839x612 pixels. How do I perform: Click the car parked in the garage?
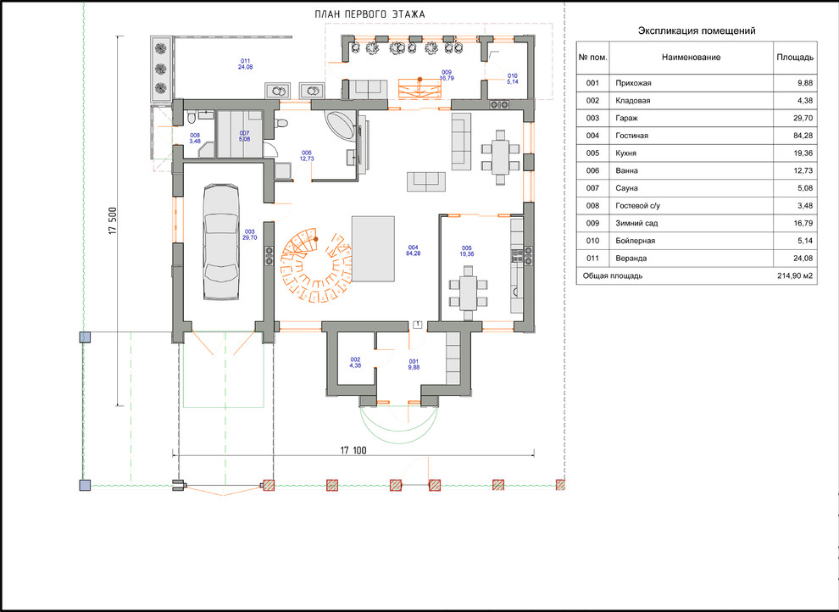[221, 242]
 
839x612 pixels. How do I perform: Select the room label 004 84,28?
[413, 250]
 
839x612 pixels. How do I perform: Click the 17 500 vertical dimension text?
[113, 220]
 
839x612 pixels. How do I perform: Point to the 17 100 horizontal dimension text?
[353, 450]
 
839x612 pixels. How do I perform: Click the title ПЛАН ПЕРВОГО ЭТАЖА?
[370, 14]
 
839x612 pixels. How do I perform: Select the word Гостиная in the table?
[631, 136]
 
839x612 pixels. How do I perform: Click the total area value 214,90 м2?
[795, 276]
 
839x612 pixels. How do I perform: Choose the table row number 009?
[592, 223]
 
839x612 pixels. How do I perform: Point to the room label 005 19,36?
[467, 251]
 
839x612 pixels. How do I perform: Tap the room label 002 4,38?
[355, 362]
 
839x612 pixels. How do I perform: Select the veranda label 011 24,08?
[246, 64]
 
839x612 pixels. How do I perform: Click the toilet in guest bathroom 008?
[192, 118]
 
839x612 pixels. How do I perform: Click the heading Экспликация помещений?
[697, 31]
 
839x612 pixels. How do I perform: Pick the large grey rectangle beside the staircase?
[373, 248]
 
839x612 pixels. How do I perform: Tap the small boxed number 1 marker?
[418, 324]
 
